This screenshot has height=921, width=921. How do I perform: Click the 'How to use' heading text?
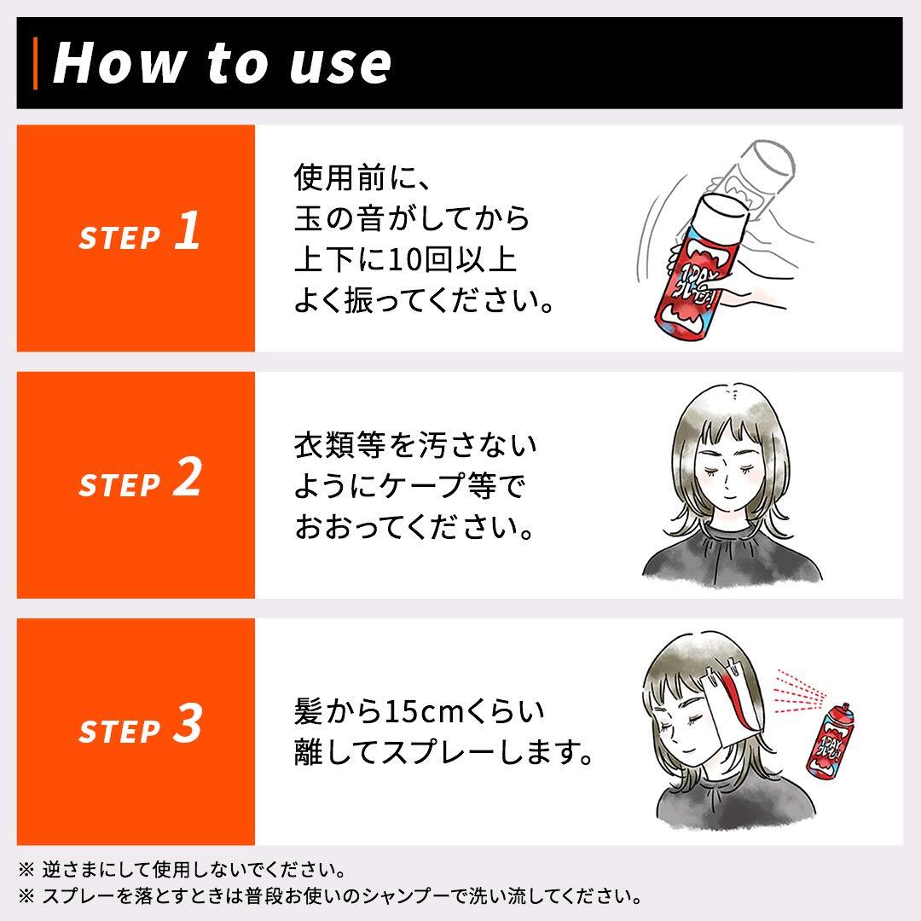point(222,63)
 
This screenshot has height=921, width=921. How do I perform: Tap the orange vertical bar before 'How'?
point(36,63)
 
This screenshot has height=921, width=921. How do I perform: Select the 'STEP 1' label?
point(139,234)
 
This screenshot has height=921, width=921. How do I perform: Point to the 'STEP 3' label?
point(139,727)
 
